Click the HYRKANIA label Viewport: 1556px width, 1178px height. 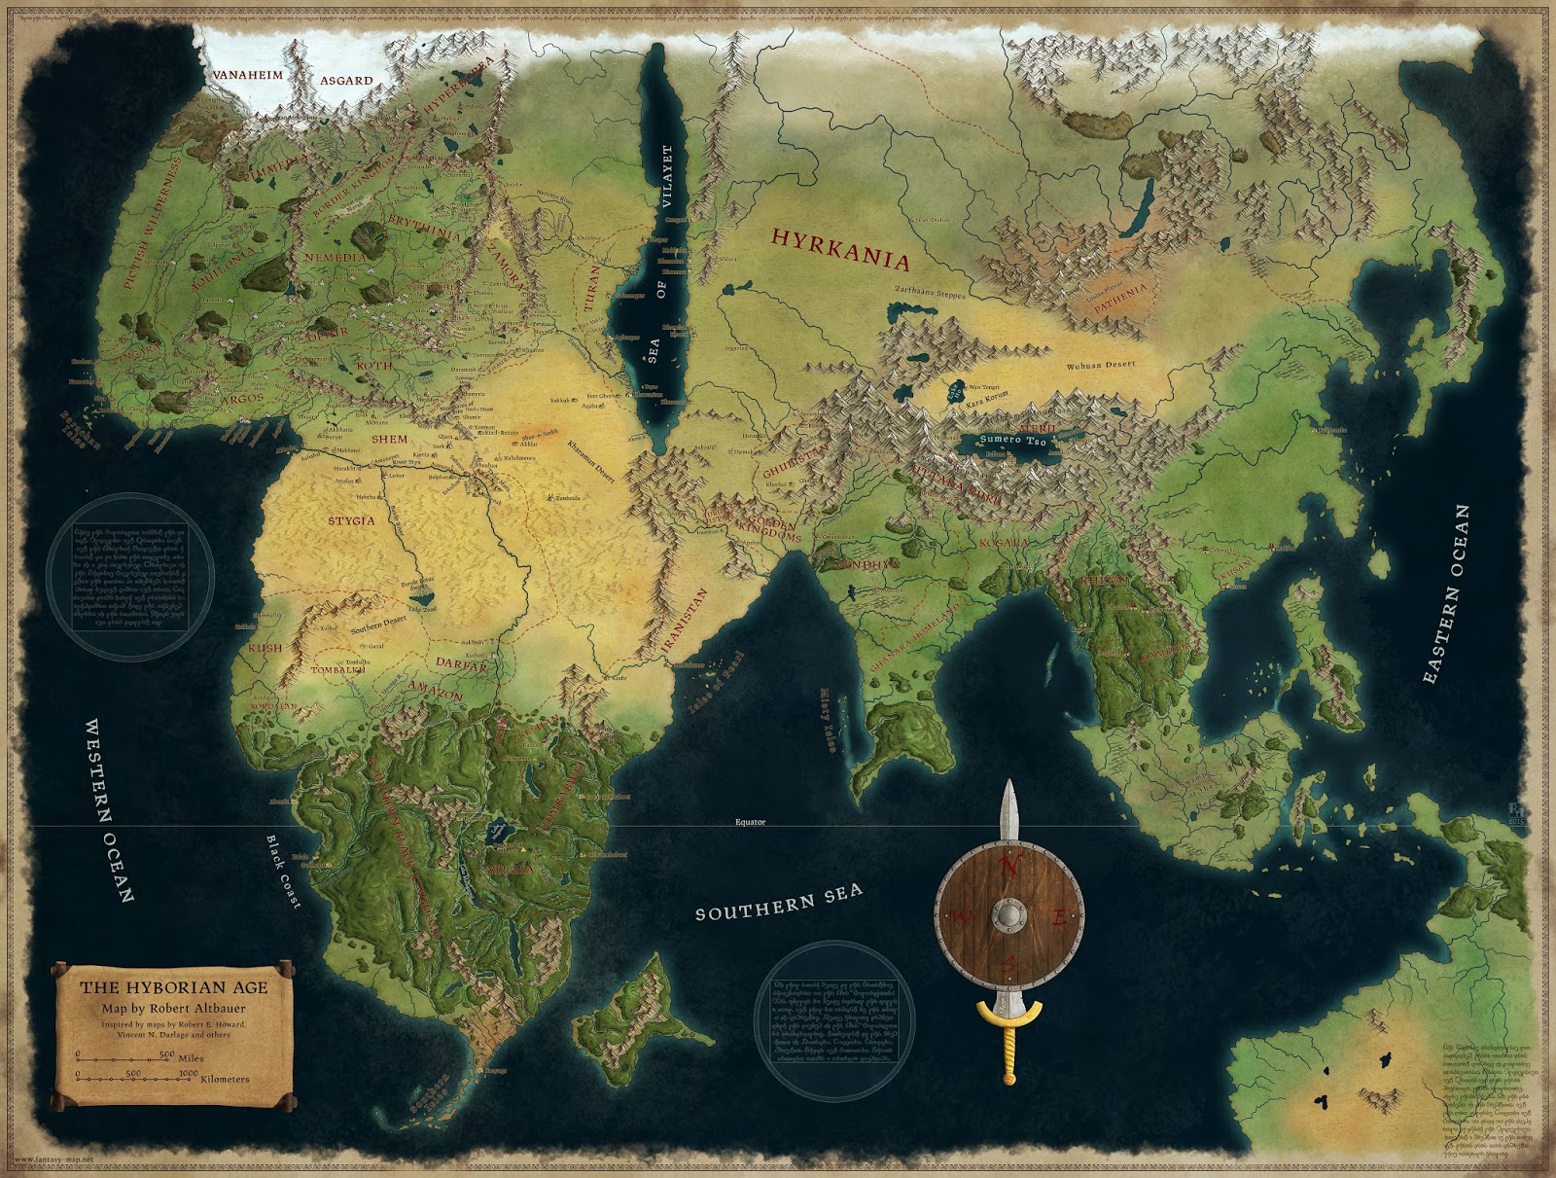point(839,248)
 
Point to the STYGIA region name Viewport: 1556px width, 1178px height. point(351,521)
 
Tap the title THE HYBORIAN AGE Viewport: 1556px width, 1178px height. point(173,985)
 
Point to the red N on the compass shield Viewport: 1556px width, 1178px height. point(1008,868)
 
